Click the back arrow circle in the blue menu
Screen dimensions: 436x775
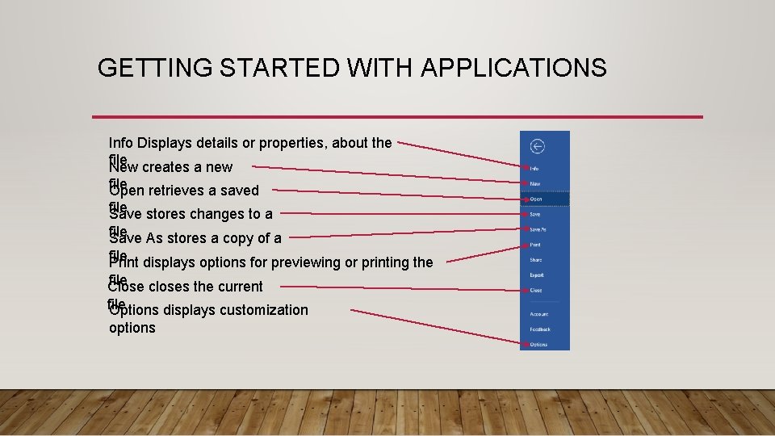537,146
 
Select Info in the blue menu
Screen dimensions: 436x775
534,169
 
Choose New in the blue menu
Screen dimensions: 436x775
535,184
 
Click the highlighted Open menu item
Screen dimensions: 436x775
537,199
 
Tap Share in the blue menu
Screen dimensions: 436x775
536,260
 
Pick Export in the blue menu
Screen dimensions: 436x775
537,275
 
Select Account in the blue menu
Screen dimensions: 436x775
539,314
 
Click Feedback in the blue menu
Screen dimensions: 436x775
540,329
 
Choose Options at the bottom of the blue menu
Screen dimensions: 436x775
538,345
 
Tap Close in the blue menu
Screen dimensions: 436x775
536,291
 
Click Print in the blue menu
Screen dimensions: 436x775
535,245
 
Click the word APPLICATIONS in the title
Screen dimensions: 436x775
513,68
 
